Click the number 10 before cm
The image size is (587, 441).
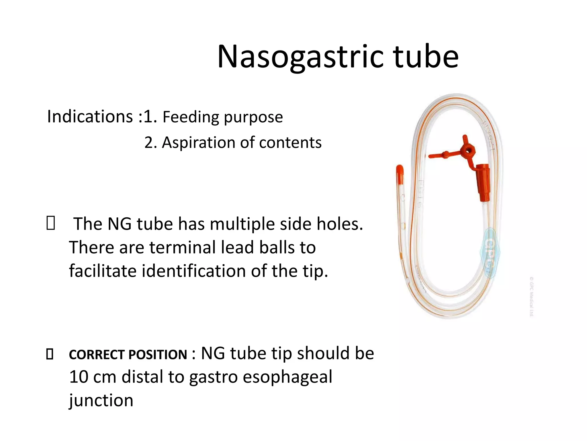tap(79, 377)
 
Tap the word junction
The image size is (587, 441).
tap(101, 401)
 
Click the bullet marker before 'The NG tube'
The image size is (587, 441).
tap(50, 224)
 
